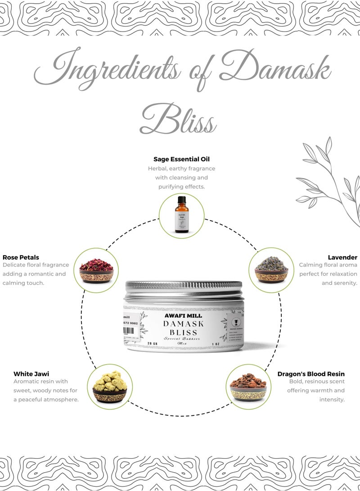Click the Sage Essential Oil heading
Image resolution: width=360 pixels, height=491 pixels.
(181, 159)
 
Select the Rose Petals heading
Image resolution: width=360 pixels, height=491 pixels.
(21, 257)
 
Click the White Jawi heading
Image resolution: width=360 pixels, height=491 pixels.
(31, 374)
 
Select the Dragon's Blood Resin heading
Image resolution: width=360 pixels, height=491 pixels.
(311, 374)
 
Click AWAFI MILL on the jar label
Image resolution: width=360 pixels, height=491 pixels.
(184, 315)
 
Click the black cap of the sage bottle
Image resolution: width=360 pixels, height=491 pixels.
(181, 200)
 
